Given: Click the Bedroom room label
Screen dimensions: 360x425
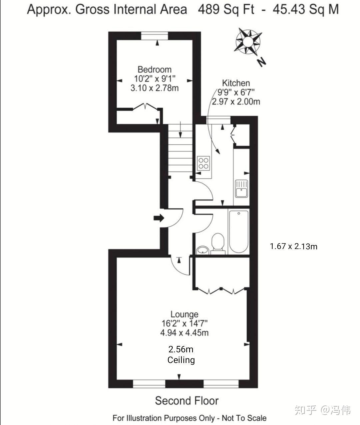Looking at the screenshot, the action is pyautogui.click(x=154, y=69).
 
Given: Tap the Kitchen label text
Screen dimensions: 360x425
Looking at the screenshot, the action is pyautogui.click(x=236, y=83).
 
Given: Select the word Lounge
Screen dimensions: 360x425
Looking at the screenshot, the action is pyautogui.click(x=184, y=314).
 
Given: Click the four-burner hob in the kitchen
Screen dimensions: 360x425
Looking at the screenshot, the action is pyautogui.click(x=203, y=163).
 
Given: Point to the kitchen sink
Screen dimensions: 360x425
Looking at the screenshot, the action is pyautogui.click(x=241, y=189).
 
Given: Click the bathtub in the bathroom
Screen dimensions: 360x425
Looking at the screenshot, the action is pyautogui.click(x=239, y=232).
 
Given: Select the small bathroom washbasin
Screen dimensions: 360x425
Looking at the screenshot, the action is pyautogui.click(x=203, y=250).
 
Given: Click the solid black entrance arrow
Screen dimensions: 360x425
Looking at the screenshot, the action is pyautogui.click(x=159, y=218).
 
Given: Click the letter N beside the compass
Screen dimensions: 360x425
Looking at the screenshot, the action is pyautogui.click(x=261, y=62).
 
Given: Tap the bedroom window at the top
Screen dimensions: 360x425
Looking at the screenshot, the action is pyautogui.click(x=154, y=36).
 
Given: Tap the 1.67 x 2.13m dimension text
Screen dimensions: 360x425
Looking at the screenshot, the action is pyautogui.click(x=294, y=246).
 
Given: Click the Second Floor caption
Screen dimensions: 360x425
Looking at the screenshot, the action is pyautogui.click(x=187, y=401).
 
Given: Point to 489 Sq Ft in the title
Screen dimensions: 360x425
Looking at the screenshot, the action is pyautogui.click(x=226, y=9).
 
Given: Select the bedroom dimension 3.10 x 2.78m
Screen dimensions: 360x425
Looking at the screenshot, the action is pyautogui.click(x=154, y=88).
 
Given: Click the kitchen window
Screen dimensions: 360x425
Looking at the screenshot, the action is pyautogui.click(x=219, y=120).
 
